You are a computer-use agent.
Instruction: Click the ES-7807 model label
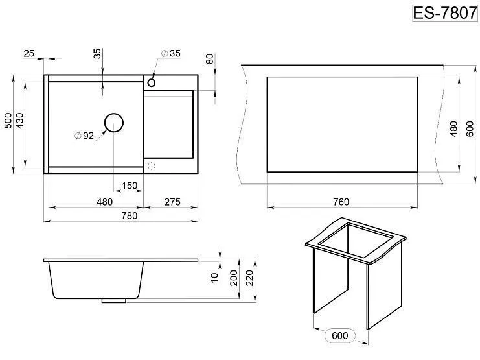[x=445, y=13]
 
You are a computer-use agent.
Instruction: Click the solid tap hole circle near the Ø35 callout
[x=151, y=82]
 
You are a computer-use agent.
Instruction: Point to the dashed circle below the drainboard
[x=151, y=166]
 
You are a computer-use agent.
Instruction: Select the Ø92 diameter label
[x=84, y=136]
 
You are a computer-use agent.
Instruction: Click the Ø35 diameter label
[x=171, y=53]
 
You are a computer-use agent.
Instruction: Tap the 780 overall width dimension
[x=130, y=215]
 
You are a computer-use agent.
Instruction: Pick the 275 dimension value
[x=172, y=202]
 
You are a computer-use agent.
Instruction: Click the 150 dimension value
[x=130, y=186]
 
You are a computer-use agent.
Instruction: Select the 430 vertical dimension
[x=19, y=121]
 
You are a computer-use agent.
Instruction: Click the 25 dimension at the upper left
[x=29, y=53]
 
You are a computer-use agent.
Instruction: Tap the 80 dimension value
[x=210, y=59]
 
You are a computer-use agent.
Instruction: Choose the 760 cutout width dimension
[x=341, y=202]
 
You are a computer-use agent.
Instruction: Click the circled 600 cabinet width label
[x=340, y=335]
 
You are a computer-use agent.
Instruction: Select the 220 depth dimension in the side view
[x=250, y=278]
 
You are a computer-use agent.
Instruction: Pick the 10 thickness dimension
[x=214, y=277]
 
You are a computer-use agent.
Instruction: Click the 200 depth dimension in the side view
[x=234, y=278]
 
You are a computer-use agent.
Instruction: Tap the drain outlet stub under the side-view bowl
[x=114, y=301]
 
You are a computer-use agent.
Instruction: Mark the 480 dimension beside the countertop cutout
[x=453, y=129]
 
